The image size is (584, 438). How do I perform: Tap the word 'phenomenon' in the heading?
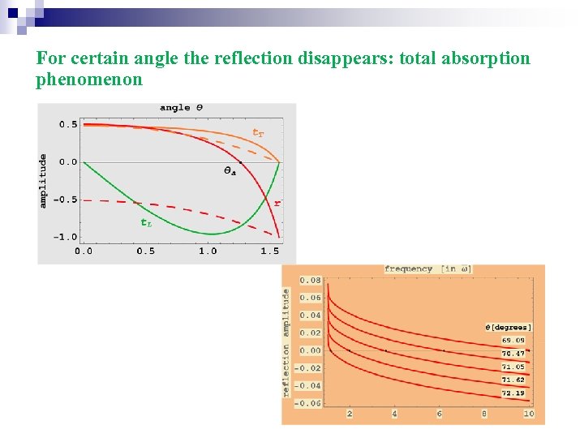[x=89, y=79]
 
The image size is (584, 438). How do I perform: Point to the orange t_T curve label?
[x=258, y=132]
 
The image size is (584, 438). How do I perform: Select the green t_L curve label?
[x=146, y=221]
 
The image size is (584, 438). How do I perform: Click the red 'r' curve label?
[x=277, y=203]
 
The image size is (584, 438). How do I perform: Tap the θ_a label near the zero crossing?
[x=230, y=171]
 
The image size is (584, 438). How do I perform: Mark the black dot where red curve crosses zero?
[x=241, y=162]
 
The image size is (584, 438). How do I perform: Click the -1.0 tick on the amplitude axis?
[x=67, y=237]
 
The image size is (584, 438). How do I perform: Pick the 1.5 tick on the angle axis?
[x=270, y=251]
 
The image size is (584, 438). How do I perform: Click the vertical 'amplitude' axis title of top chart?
[x=44, y=181]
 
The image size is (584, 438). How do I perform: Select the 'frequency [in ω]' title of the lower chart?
[x=428, y=269]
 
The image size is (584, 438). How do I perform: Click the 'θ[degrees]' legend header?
[x=509, y=327]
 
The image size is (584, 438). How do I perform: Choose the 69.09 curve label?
[x=513, y=340]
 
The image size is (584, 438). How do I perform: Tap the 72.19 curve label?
[x=513, y=393]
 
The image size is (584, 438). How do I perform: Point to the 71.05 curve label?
[x=513, y=367]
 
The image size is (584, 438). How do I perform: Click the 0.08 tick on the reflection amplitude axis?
[x=310, y=281]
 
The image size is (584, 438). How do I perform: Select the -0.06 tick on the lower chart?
[x=308, y=403]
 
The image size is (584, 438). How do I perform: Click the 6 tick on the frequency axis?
[x=440, y=414]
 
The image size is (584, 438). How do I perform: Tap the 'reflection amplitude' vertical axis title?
[x=286, y=343]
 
